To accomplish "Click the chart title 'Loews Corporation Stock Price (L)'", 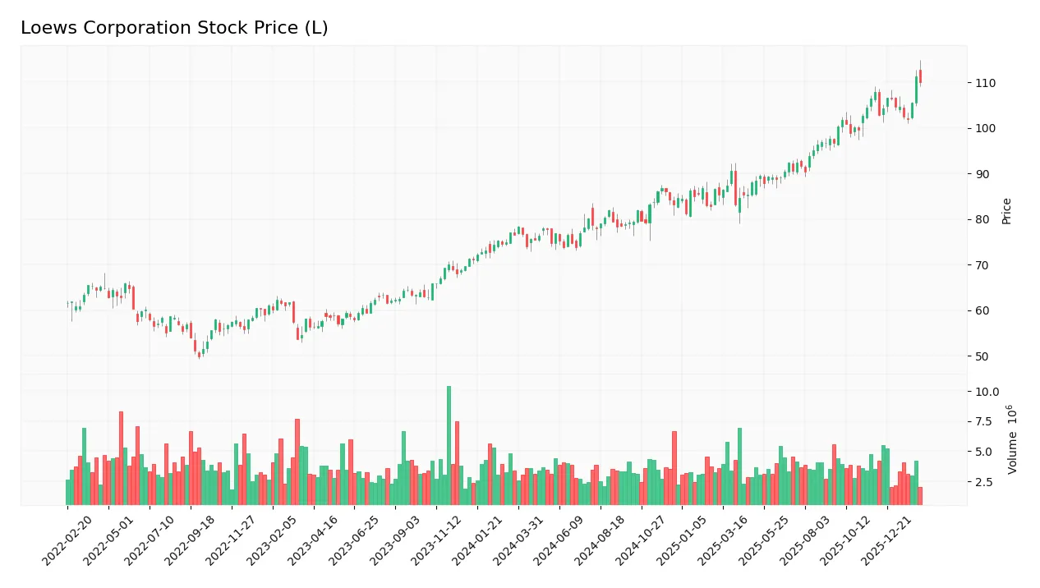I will click(174, 28).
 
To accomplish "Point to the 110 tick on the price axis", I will click(985, 83).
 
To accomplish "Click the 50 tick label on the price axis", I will click(982, 356).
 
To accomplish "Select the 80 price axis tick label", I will click(982, 219).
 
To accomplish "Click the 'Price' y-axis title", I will click(1006, 211).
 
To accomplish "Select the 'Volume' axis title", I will click(1012, 439).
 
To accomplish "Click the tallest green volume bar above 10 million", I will click(449, 445).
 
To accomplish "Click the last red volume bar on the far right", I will click(920, 496).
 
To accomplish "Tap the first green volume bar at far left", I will click(68, 492).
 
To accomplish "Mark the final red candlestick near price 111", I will click(920, 76).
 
